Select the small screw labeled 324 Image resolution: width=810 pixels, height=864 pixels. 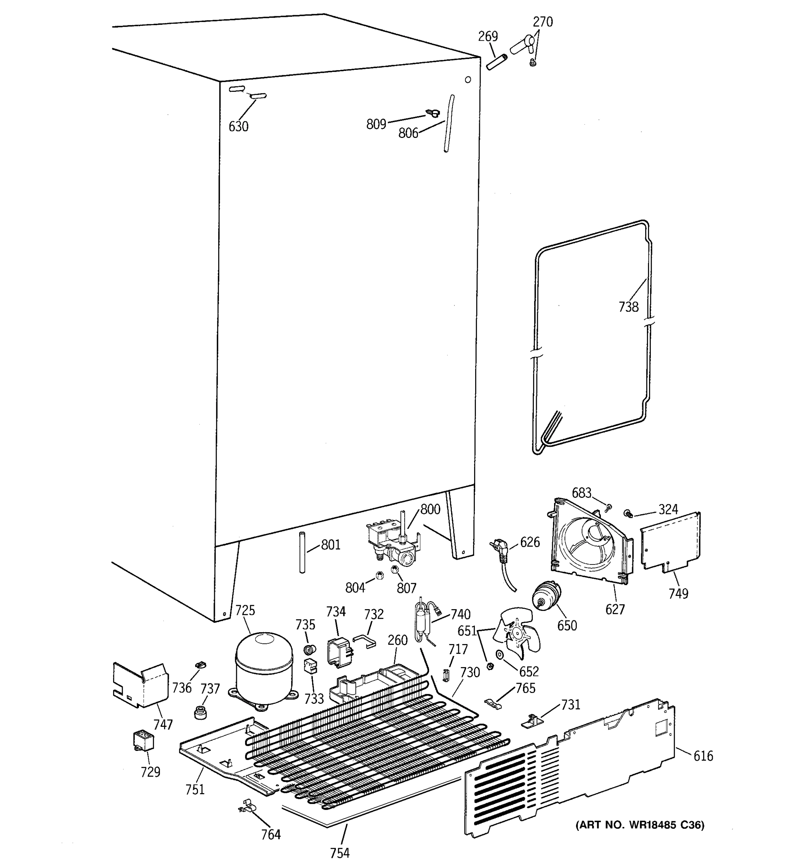pos(627,514)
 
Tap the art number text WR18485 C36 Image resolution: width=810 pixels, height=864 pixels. pos(640,824)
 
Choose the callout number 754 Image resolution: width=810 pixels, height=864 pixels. pos(339,853)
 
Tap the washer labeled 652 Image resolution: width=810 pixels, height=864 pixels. pos(499,654)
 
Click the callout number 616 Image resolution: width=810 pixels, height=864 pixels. pos(703,756)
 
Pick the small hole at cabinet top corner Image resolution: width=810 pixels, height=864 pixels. pos(468,80)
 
